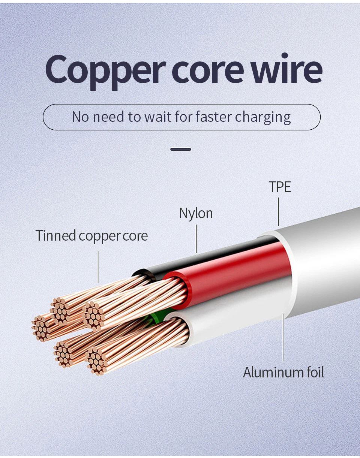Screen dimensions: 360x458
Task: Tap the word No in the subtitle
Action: [x=80, y=117]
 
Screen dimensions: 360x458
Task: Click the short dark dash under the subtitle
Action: [x=181, y=149]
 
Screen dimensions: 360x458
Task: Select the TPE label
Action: [x=280, y=187]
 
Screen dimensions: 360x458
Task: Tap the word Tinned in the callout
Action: [x=55, y=235]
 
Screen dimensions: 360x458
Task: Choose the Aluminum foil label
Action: [x=283, y=373]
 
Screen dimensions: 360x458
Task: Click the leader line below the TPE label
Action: [x=278, y=212]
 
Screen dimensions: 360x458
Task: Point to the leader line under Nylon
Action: [x=196, y=239]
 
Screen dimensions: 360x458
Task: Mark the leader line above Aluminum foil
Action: [x=283, y=337]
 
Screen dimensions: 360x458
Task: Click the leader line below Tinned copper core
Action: [x=98, y=267]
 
